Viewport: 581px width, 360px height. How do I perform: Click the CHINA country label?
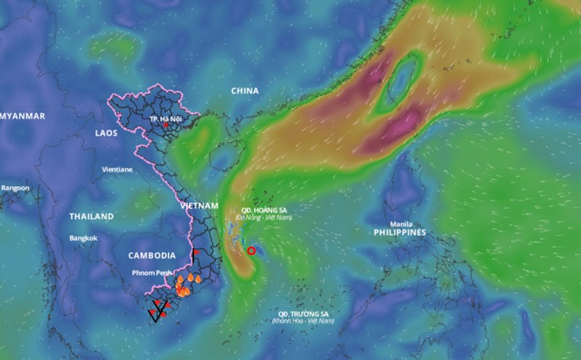[245, 91]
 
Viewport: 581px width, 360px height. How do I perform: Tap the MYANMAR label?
[23, 116]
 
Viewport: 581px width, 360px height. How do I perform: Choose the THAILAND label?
[92, 216]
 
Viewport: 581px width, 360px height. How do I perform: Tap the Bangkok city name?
[84, 238]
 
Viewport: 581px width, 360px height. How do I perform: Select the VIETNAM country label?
[199, 206]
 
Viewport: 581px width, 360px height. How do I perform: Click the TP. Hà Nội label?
[166, 118]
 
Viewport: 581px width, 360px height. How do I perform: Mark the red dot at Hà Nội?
[166, 125]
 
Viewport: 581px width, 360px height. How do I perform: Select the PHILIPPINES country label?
[399, 233]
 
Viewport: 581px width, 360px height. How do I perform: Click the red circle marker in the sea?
[251, 250]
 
